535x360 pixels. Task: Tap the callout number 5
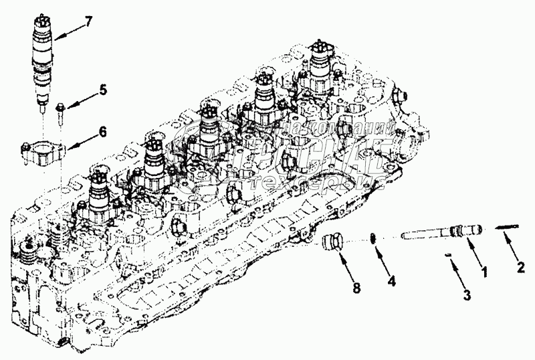click(x=104, y=88)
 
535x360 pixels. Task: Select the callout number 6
click(x=103, y=132)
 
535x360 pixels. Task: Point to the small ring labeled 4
click(x=374, y=238)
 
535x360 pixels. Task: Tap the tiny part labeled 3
click(x=449, y=255)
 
